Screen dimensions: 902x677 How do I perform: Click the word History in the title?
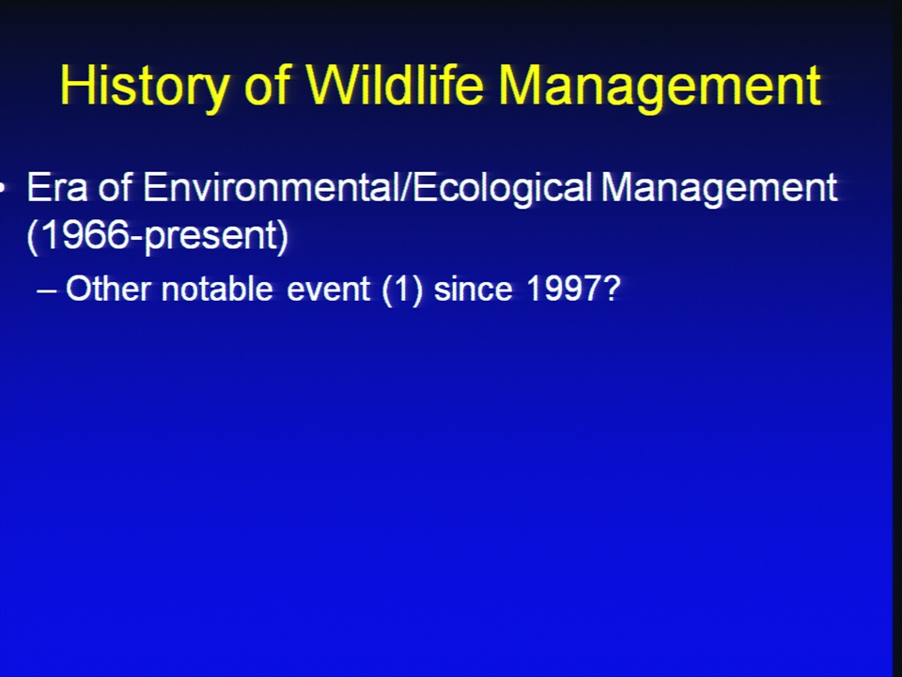coord(144,87)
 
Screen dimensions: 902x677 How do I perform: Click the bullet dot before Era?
coord(2,188)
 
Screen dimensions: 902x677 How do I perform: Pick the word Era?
coord(57,187)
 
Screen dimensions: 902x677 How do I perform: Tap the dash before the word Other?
coord(46,291)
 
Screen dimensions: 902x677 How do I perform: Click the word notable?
coord(217,288)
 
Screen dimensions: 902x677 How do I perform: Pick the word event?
coord(328,289)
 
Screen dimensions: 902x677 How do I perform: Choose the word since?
coord(473,288)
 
